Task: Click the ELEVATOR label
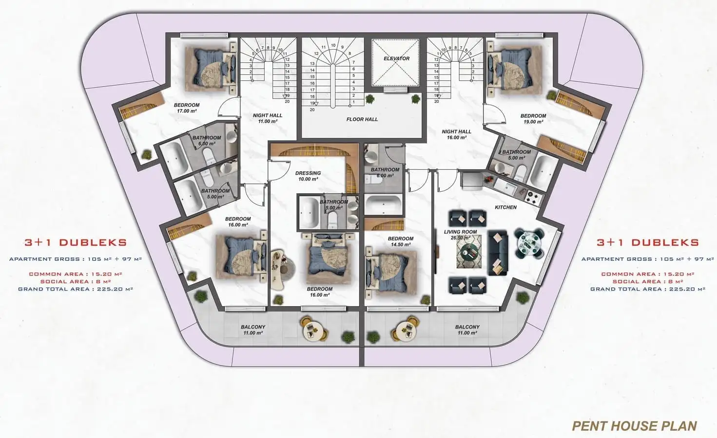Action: click(x=397, y=58)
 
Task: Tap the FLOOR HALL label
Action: click(x=362, y=119)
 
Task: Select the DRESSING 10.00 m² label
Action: click(x=308, y=176)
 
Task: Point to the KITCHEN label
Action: click(x=506, y=207)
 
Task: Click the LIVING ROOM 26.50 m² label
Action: click(x=460, y=235)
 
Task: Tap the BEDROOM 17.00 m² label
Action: click(x=187, y=108)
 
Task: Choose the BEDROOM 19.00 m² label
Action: click(x=533, y=119)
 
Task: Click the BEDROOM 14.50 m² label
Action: click(x=401, y=241)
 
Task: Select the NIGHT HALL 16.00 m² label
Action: click(x=456, y=134)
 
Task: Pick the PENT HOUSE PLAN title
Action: click(x=635, y=426)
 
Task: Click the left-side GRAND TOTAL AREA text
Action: click(x=76, y=289)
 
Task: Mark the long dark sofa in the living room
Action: click(x=498, y=253)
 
